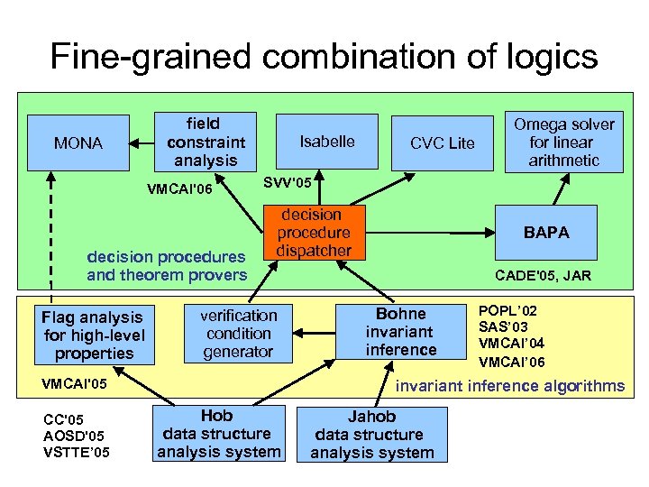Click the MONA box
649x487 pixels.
click(78, 142)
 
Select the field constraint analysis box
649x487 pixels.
click(206, 141)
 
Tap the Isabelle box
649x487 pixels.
click(326, 142)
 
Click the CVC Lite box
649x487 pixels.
click(442, 143)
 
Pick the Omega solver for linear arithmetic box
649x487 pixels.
click(563, 142)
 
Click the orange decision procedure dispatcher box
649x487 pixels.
click(312, 233)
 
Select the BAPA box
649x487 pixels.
click(547, 232)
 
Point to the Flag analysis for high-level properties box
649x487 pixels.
click(92, 335)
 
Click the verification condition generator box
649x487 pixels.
click(238, 333)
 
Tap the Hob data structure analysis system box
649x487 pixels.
click(219, 434)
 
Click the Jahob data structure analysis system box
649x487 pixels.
click(371, 435)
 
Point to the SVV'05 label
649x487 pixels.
click(287, 183)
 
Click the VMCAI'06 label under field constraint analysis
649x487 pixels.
click(178, 189)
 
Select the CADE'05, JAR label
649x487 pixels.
click(544, 276)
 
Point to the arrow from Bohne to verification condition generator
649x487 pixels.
click(307, 331)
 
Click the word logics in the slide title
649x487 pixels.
click(549, 56)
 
